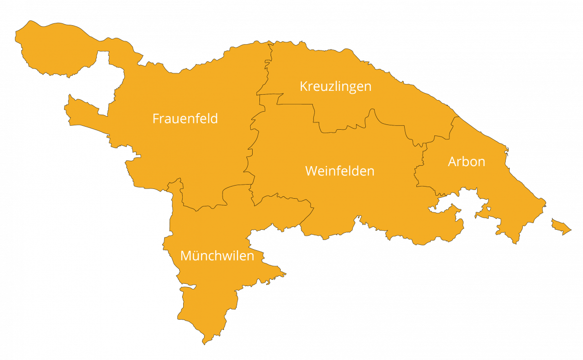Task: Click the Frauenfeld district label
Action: (x=185, y=119)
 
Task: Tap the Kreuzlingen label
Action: (x=335, y=86)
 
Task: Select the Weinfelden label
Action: (x=340, y=171)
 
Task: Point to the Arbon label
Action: (x=466, y=161)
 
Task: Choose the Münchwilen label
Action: (x=217, y=256)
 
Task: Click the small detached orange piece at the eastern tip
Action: (x=560, y=226)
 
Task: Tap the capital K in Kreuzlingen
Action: (x=304, y=86)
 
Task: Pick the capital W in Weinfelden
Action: (x=311, y=171)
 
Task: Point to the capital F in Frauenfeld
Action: (x=155, y=119)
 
